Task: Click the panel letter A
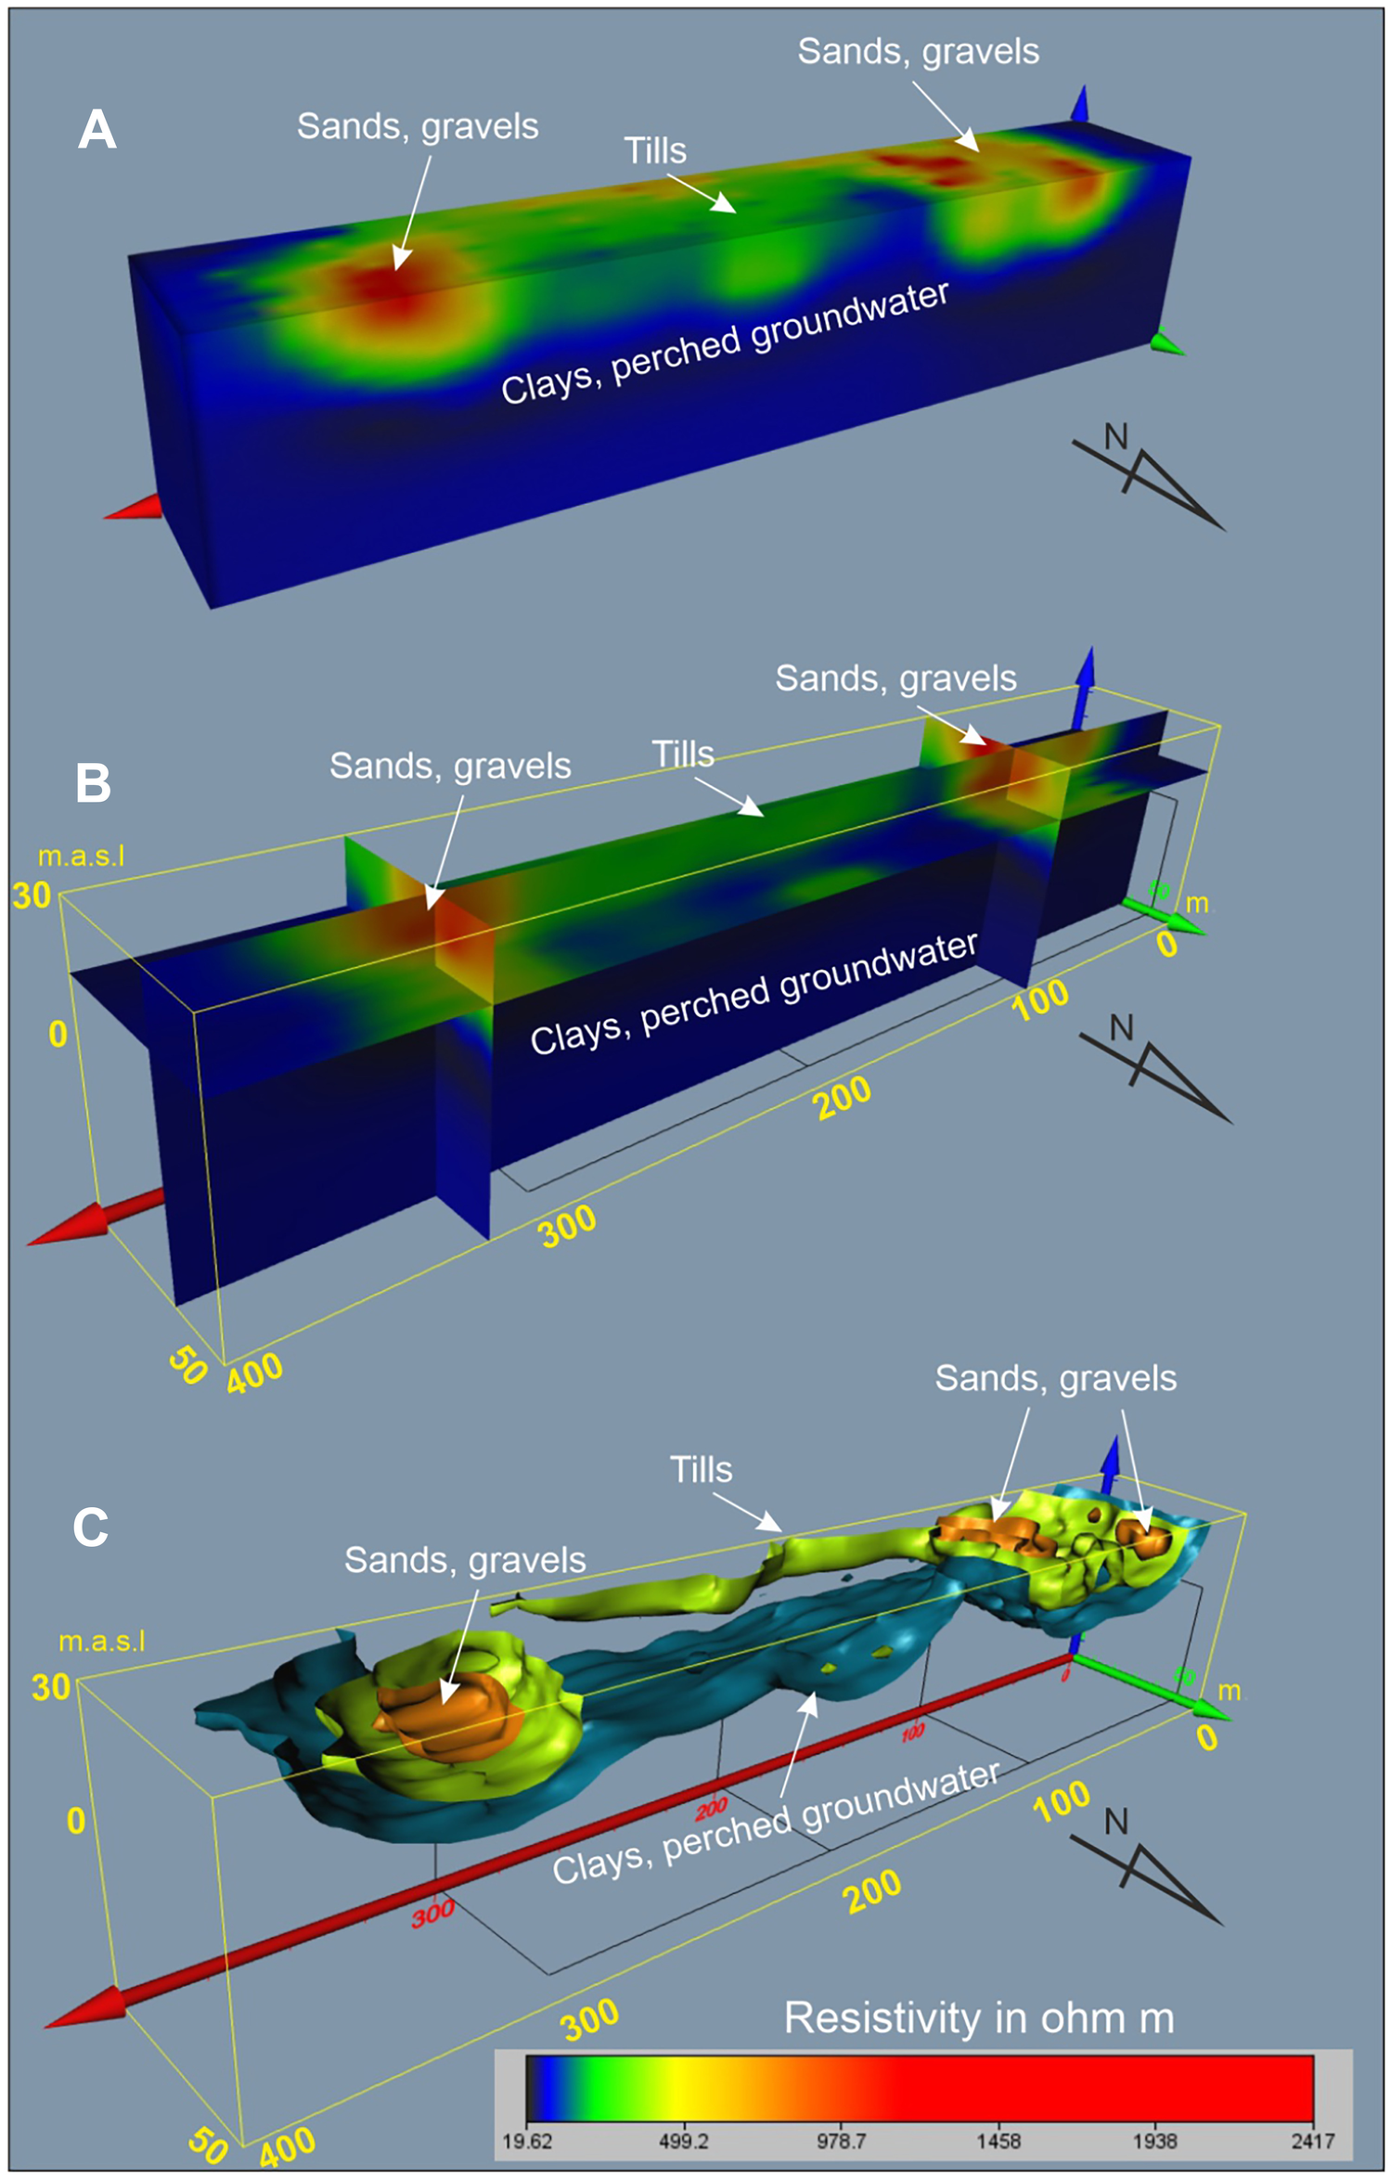97,130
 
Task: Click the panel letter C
91,1527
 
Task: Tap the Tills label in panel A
655,151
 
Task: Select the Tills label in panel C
702,1470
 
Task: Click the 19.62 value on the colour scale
527,2141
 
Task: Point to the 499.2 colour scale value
684,2141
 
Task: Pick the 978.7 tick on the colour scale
841,2141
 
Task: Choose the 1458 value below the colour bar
998,2141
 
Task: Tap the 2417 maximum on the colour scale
1313,2141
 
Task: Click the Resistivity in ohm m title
979,2018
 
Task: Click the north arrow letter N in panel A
1116,437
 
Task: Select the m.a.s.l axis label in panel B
81,856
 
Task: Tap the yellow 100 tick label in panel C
1062,1800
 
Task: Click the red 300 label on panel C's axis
433,1913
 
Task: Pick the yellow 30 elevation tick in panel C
51,1686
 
